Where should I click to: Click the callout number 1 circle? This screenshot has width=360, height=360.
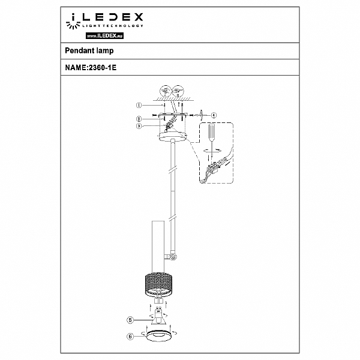click(139, 105)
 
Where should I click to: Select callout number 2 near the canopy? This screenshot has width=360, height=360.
click(139, 119)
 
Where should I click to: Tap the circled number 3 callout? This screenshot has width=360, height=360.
click(139, 126)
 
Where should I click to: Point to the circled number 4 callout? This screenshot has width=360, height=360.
click(214, 115)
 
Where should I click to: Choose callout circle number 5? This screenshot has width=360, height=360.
click(130, 320)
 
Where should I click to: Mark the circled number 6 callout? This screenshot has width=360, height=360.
click(130, 337)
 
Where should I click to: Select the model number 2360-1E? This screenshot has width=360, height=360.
click(103, 67)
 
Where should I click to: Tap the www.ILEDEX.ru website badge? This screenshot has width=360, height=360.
click(104, 35)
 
